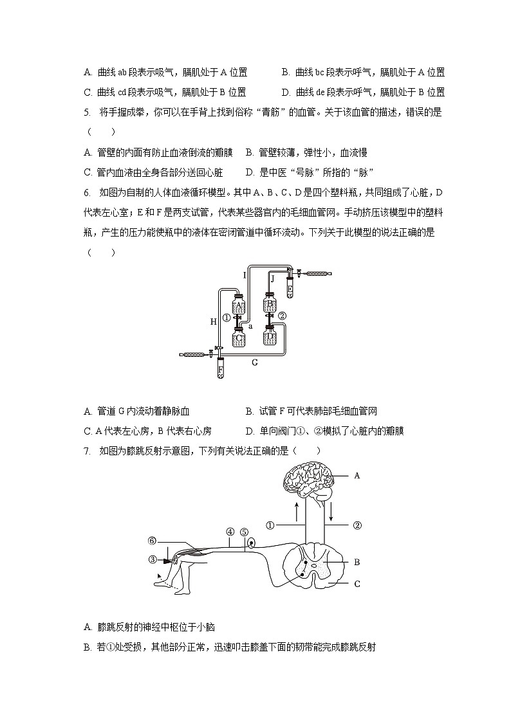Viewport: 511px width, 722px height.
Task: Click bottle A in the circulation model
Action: (x=239, y=305)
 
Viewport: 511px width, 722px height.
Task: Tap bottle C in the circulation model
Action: (x=239, y=337)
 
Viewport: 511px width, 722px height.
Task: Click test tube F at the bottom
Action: (x=220, y=369)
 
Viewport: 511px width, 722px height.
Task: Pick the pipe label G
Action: (x=255, y=363)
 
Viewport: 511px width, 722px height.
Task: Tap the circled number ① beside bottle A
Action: (x=226, y=318)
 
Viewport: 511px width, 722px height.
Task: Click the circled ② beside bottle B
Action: (x=281, y=316)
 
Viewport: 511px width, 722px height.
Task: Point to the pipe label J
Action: (x=272, y=278)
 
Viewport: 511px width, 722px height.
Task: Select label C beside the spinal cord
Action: (x=357, y=584)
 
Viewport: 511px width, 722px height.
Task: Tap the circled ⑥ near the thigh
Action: (x=152, y=541)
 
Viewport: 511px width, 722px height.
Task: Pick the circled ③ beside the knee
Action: (x=153, y=559)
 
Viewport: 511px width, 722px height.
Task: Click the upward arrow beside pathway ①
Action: (x=297, y=512)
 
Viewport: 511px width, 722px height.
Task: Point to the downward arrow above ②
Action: (x=331, y=512)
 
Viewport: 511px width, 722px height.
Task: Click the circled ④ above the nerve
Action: (x=230, y=532)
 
